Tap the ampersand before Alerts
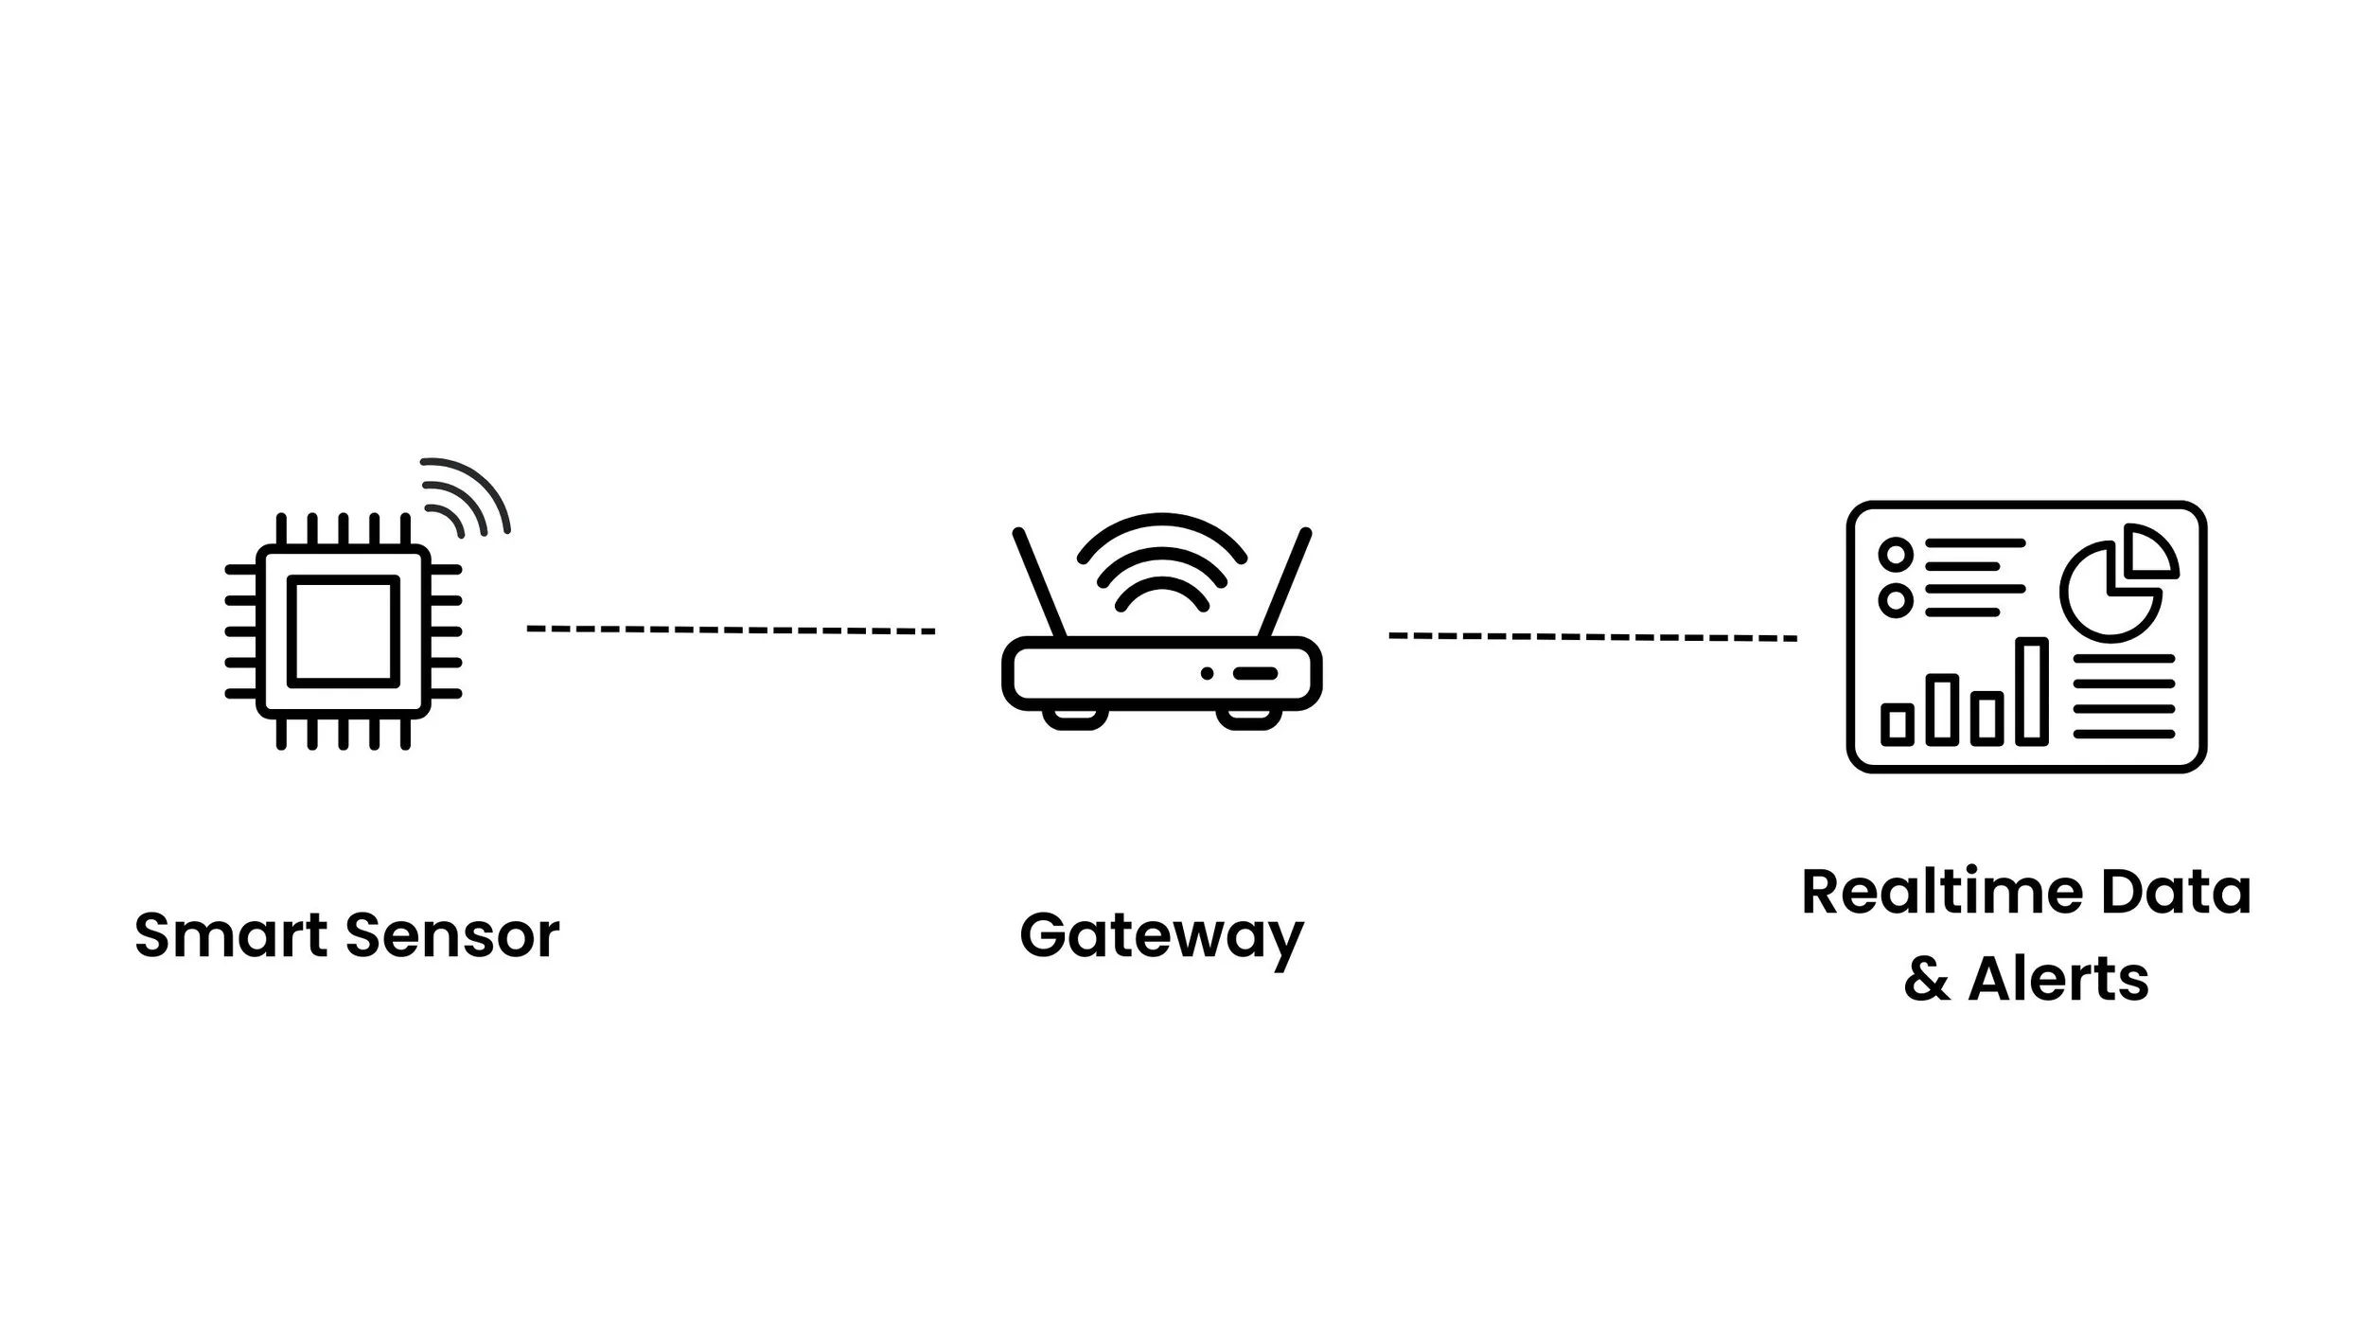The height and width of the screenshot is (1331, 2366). (1927, 979)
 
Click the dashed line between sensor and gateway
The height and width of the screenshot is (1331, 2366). (731, 630)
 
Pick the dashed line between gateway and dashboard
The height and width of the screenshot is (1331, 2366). (1592, 637)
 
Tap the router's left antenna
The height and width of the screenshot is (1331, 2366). (1040, 583)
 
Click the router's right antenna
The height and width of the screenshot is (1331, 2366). (1284, 583)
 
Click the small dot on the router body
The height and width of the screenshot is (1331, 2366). (1207, 673)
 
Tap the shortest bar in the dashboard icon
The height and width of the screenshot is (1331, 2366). (1896, 724)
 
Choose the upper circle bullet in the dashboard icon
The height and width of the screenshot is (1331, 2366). (1896, 554)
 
